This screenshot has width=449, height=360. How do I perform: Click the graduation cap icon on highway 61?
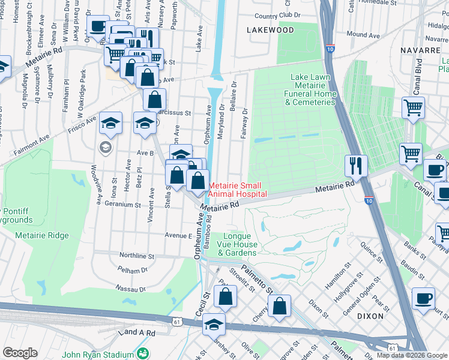tap(214, 324)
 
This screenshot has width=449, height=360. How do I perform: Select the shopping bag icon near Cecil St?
tap(225, 296)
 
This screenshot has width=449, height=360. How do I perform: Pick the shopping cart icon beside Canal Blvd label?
tap(413, 108)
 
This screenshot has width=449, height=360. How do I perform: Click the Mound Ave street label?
tap(363, 35)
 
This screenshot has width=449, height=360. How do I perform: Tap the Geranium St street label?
tap(122, 205)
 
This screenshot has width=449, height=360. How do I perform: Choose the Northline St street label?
tap(136, 256)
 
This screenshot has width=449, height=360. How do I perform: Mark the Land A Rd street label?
tap(137, 332)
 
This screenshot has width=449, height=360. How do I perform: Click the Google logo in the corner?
tap(20, 352)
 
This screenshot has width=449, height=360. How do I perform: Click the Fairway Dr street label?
tap(244, 123)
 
